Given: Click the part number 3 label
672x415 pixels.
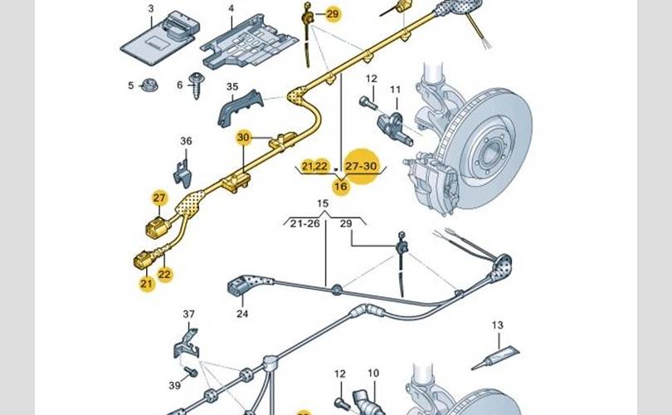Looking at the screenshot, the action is click(x=151, y=8).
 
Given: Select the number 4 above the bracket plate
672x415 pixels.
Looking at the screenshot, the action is click(x=231, y=8).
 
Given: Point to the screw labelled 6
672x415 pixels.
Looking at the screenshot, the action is click(x=197, y=85).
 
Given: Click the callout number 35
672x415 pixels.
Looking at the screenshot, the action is click(x=232, y=86).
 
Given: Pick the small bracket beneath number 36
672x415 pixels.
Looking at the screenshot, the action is click(x=183, y=173).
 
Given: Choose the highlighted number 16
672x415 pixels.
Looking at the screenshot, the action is click(x=341, y=187).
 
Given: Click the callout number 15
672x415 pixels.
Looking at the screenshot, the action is click(x=323, y=203).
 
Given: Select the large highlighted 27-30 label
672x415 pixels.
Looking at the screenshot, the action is click(x=361, y=166).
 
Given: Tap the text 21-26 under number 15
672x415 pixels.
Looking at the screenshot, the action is click(x=304, y=223).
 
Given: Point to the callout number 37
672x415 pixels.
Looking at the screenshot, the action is click(x=188, y=315).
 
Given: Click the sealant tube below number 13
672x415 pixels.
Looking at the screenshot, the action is click(x=496, y=358).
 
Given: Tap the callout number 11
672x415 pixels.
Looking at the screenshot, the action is click(x=395, y=90).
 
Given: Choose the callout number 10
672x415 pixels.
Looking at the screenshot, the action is click(x=373, y=373).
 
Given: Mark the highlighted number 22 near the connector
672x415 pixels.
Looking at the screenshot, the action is click(x=164, y=274).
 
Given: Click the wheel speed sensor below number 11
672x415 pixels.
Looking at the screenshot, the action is click(x=395, y=127).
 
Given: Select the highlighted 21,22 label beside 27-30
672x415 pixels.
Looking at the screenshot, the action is click(x=315, y=166).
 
